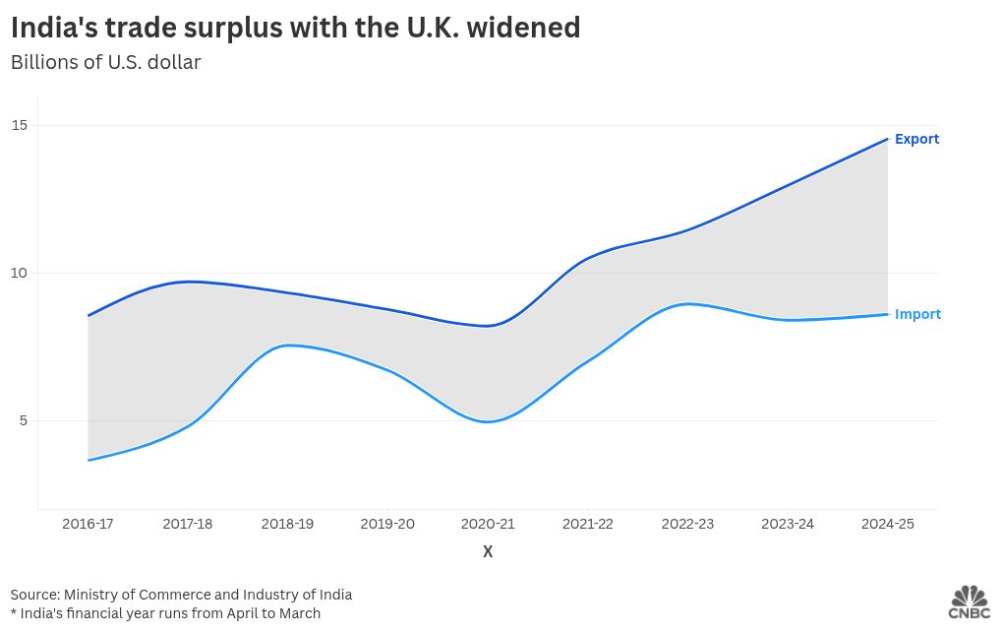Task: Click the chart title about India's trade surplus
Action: pyautogui.click(x=295, y=29)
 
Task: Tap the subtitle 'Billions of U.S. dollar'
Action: pyautogui.click(x=105, y=62)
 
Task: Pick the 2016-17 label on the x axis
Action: pyautogui.click(x=88, y=524)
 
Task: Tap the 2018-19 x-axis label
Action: pyautogui.click(x=287, y=524)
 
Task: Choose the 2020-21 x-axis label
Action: pyautogui.click(x=488, y=524)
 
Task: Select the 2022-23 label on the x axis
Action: pyautogui.click(x=687, y=524)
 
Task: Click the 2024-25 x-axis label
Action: pyautogui.click(x=887, y=524)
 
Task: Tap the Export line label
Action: pyautogui.click(x=916, y=139)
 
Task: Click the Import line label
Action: pyautogui.click(x=917, y=314)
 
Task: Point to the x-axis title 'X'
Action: pyautogui.click(x=488, y=551)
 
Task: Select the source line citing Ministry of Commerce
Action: pyautogui.click(x=181, y=595)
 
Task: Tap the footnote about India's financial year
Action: pyautogui.click(x=165, y=613)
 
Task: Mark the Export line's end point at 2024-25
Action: pyautogui.click(x=887, y=139)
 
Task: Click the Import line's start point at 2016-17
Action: pyautogui.click(x=88, y=460)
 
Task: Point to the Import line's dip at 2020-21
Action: pyautogui.click(x=488, y=421)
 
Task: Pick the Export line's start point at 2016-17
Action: pyautogui.click(x=88, y=315)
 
